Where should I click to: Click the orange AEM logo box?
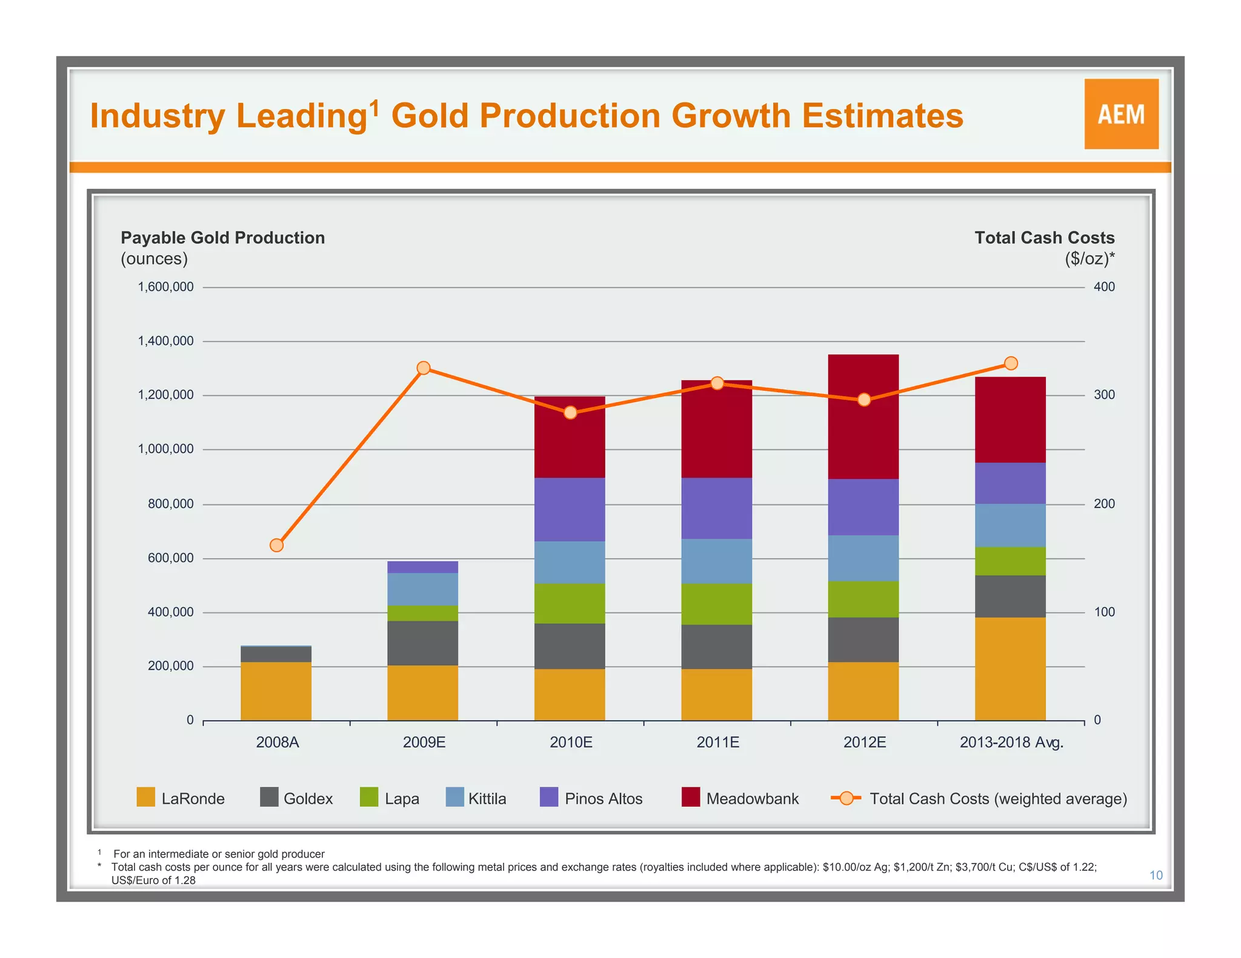(x=1121, y=114)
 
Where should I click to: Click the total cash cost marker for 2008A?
(x=276, y=545)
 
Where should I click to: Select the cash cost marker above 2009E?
(x=424, y=368)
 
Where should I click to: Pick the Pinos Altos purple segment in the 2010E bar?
(x=570, y=509)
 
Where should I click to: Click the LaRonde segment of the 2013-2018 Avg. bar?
(x=1010, y=669)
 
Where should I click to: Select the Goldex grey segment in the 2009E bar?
(x=423, y=643)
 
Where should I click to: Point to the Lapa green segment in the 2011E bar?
(x=716, y=604)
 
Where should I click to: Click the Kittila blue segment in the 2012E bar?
(x=863, y=558)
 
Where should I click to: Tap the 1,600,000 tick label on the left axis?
(x=166, y=287)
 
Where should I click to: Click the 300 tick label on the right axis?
(x=1104, y=395)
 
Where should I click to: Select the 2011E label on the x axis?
(x=717, y=742)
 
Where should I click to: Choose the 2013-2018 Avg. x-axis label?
(x=1011, y=742)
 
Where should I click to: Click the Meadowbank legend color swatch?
(x=691, y=797)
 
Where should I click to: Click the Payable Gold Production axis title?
(x=222, y=237)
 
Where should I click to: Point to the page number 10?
(x=1156, y=875)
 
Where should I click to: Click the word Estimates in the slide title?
(x=882, y=116)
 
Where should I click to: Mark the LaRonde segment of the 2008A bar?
(x=276, y=691)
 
